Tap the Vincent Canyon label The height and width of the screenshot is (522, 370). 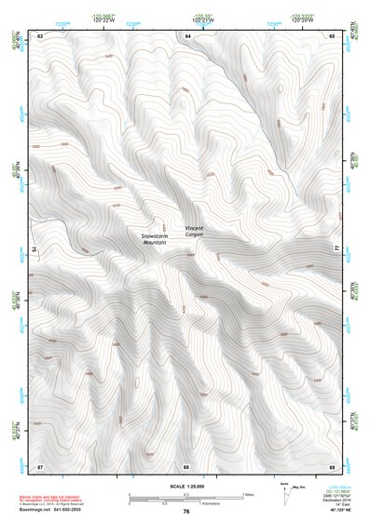pyautogui.click(x=194, y=232)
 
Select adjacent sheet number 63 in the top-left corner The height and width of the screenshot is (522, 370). pyautogui.click(x=40, y=35)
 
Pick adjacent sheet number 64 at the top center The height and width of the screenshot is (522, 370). pyautogui.click(x=186, y=35)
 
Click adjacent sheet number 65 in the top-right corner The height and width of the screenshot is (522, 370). pyautogui.click(x=332, y=35)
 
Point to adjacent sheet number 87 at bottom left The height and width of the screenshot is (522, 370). pyautogui.click(x=40, y=464)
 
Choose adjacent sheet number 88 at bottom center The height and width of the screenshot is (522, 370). pyautogui.click(x=186, y=464)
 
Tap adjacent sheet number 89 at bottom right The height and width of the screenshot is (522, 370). pyautogui.click(x=332, y=464)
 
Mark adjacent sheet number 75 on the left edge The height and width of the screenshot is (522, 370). pyautogui.click(x=34, y=249)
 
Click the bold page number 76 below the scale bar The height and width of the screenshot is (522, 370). pyautogui.click(x=186, y=511)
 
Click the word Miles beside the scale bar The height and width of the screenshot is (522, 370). pyautogui.click(x=248, y=494)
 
